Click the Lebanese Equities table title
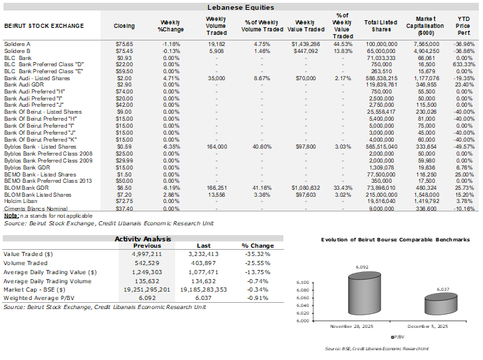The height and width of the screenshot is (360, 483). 241,7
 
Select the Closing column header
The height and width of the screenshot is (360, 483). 124,26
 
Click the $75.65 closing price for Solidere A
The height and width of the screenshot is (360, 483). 124,43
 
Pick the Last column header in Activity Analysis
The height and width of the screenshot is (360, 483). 203,246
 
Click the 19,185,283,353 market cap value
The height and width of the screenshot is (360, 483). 203,287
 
